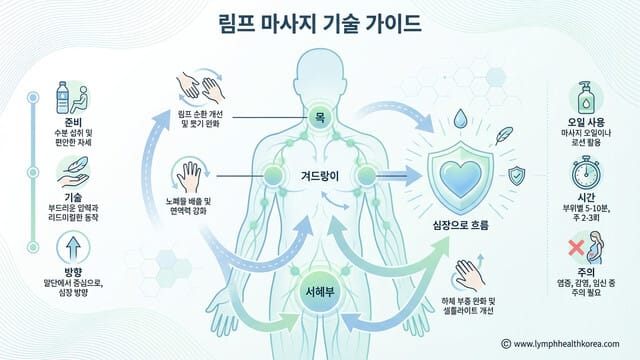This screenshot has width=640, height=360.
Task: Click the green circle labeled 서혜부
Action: (319, 291)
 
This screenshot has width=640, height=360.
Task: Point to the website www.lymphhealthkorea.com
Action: (570, 343)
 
